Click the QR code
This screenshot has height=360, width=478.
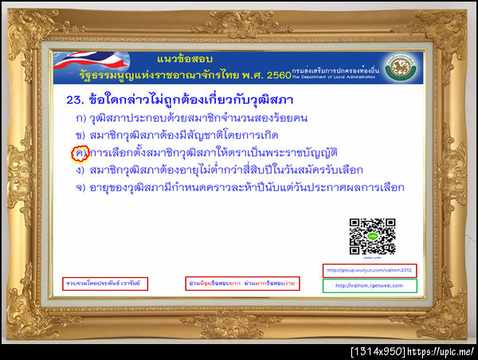(x=373, y=235)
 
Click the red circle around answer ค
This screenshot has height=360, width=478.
(x=79, y=151)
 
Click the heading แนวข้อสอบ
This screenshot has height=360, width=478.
(x=182, y=60)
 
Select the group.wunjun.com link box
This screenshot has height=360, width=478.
(x=369, y=271)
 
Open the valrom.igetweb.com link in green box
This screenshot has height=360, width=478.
(x=369, y=286)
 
